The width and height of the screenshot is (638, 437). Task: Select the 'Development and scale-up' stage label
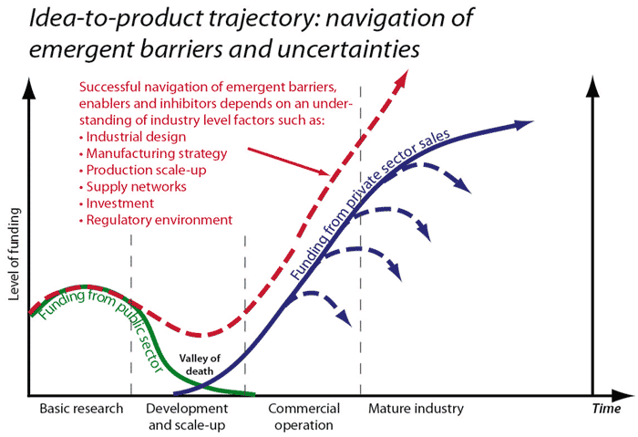coord(186,416)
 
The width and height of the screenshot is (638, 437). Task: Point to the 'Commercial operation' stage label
coord(304,416)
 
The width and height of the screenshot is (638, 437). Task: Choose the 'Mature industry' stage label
coord(416,408)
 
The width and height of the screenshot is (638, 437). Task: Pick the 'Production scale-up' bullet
coord(138,170)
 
